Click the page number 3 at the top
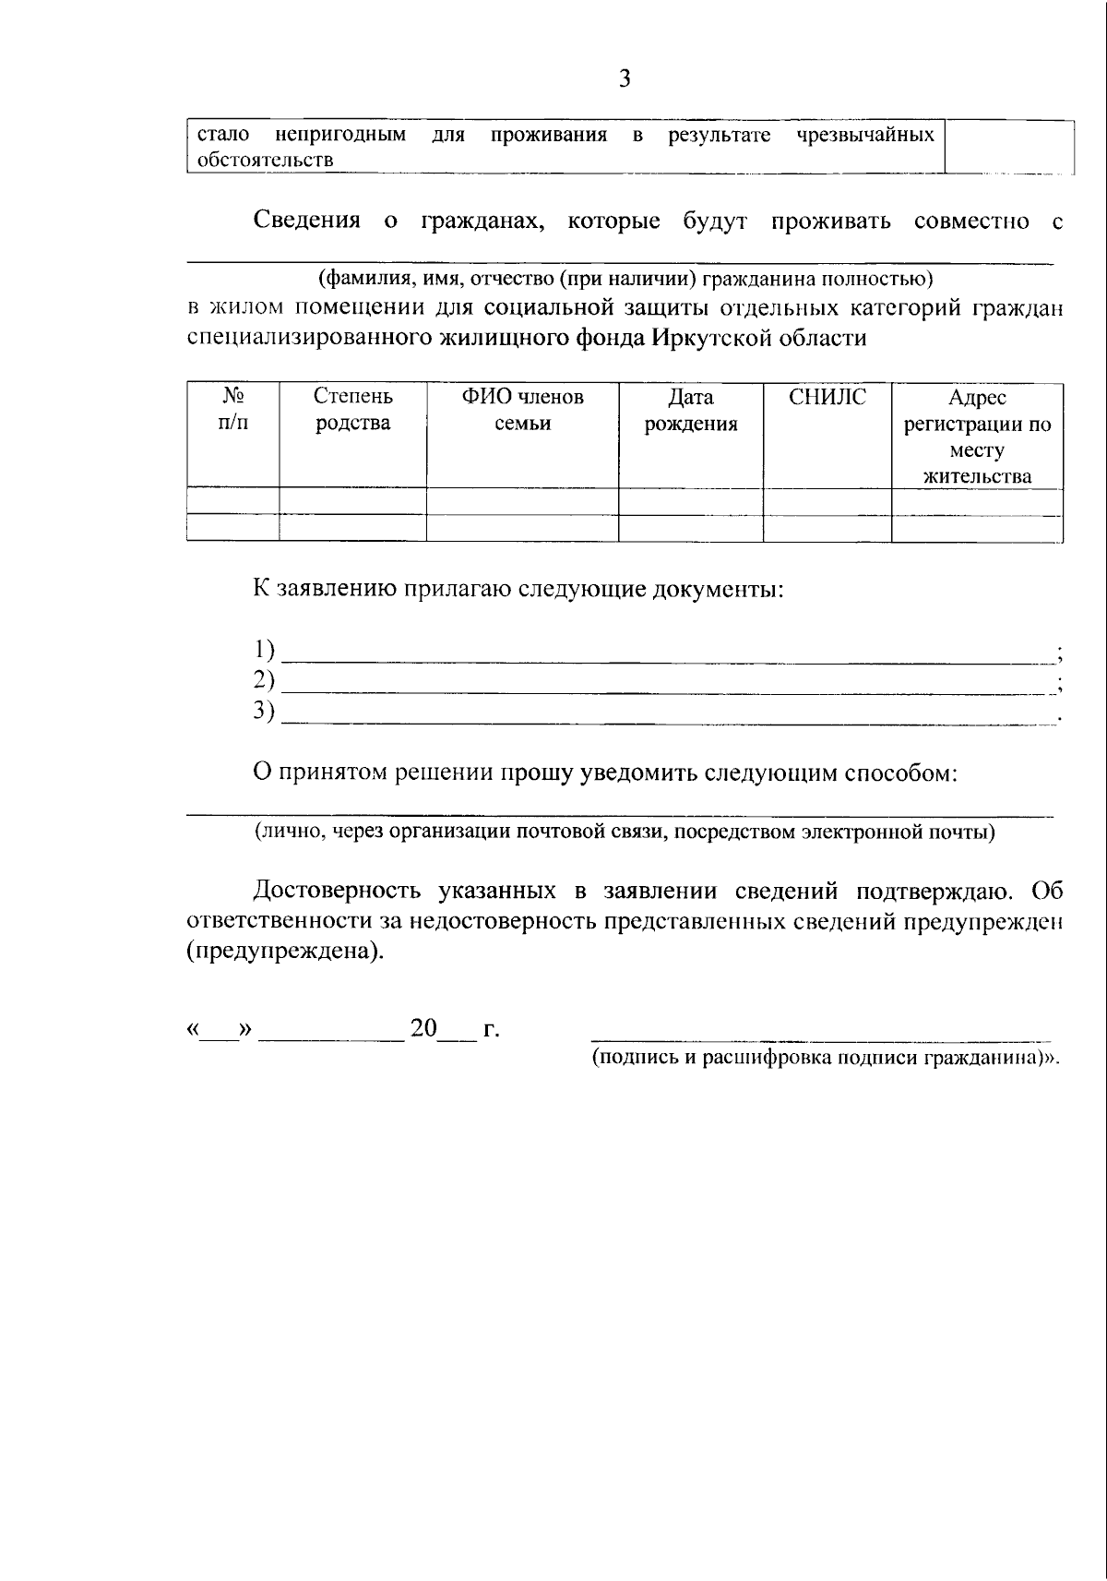click(x=625, y=79)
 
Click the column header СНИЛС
click(x=827, y=397)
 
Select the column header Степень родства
click(x=352, y=410)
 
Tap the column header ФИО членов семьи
click(x=522, y=410)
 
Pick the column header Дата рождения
click(x=691, y=410)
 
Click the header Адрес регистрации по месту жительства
click(x=977, y=437)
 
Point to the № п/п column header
click(x=232, y=409)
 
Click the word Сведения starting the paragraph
click(x=306, y=222)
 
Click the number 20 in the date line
click(x=423, y=1028)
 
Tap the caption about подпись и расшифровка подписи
click(x=825, y=1058)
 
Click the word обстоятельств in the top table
click(x=266, y=160)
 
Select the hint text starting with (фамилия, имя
click(x=625, y=278)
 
